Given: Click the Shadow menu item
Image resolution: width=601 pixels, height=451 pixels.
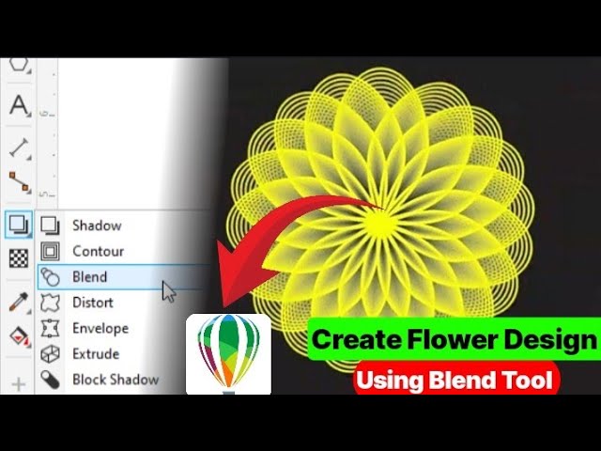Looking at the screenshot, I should click(x=96, y=225).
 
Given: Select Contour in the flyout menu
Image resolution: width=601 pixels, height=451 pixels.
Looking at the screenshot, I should click(x=98, y=251).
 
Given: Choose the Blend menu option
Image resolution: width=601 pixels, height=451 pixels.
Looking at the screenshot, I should click(x=89, y=277).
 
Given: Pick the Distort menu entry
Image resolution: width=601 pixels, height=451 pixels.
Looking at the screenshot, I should click(x=92, y=303).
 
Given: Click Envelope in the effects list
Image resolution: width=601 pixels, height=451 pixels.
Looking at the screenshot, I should click(x=100, y=329).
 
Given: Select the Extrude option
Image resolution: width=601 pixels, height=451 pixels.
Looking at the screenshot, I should click(x=95, y=354).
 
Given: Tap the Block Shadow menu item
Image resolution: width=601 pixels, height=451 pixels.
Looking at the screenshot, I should click(x=115, y=380).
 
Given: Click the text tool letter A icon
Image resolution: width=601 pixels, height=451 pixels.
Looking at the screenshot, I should click(x=19, y=105).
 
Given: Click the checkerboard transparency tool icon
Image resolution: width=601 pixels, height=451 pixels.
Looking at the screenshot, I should click(x=19, y=258).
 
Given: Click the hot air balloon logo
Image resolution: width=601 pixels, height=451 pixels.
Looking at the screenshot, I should click(x=228, y=351).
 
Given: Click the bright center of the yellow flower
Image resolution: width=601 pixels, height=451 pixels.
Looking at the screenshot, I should click(x=380, y=224).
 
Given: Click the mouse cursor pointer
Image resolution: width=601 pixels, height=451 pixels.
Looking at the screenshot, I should click(x=169, y=291).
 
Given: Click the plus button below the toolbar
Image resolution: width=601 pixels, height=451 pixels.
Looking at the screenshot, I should click(x=19, y=384).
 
